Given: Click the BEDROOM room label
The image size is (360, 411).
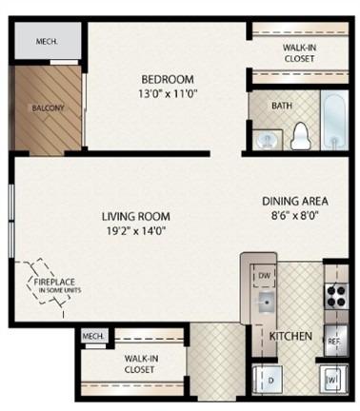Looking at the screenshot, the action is (168, 79).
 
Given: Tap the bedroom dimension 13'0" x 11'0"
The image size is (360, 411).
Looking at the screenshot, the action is (168, 94).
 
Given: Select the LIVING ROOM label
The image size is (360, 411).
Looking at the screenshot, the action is (136, 216).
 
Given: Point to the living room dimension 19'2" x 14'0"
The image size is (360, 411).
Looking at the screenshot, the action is (136, 231).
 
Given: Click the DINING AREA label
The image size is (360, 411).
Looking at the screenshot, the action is (295, 201).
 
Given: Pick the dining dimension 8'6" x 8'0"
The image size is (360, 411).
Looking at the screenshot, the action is (295, 216).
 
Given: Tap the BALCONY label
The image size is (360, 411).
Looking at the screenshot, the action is (48, 108).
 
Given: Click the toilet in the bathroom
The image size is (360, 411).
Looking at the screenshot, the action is (300, 136).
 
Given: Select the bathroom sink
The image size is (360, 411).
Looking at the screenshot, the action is (268, 139).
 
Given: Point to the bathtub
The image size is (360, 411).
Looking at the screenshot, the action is (334, 121).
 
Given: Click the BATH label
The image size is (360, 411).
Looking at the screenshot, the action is (282, 106).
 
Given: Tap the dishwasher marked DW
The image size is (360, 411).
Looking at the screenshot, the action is (264, 275).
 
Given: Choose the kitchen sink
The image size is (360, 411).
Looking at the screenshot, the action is (267, 303).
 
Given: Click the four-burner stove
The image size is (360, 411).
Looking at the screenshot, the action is (336, 296).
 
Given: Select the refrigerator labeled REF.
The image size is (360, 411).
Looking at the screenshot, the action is (336, 341).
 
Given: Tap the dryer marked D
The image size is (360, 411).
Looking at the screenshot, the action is (268, 380).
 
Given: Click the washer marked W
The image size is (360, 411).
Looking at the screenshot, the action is (333, 380).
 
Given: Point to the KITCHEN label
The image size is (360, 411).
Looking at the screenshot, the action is (290, 336).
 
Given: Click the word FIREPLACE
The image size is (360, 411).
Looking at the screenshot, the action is (54, 282).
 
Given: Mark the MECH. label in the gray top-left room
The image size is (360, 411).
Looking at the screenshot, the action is (47, 41).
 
